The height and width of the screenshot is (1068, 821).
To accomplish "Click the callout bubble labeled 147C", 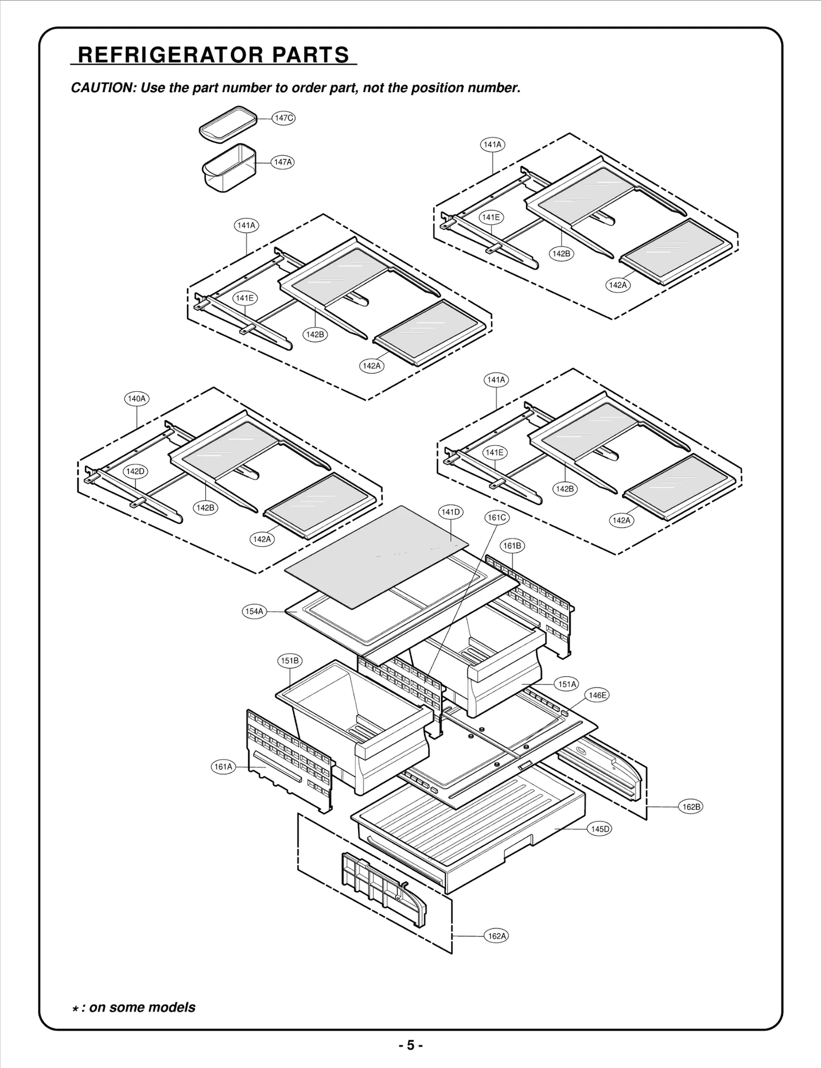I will [x=283, y=118].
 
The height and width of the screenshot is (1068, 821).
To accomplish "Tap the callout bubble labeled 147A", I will [x=283, y=162].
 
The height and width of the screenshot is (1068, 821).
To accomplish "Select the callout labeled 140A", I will [x=136, y=398].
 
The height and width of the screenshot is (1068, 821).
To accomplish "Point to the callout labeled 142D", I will [x=135, y=471].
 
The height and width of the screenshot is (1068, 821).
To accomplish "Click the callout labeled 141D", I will [x=451, y=512].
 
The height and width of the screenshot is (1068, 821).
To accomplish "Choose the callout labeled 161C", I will [x=497, y=518].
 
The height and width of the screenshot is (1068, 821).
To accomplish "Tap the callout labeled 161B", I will [x=512, y=546].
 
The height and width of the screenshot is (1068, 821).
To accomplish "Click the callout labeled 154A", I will [x=254, y=611].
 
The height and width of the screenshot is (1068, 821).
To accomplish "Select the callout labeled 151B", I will [x=289, y=660].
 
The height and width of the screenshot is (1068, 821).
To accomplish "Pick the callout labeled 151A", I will [x=567, y=684].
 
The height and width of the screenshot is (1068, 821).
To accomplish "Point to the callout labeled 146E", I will [x=597, y=695].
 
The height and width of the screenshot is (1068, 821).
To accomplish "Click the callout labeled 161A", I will [x=223, y=767].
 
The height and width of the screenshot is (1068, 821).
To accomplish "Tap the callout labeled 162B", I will [x=691, y=807].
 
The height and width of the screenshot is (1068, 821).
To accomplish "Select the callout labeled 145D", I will [x=599, y=829].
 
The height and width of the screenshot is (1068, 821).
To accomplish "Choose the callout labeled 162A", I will [x=497, y=936].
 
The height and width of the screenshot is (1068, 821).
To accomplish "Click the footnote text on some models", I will [x=142, y=1007].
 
